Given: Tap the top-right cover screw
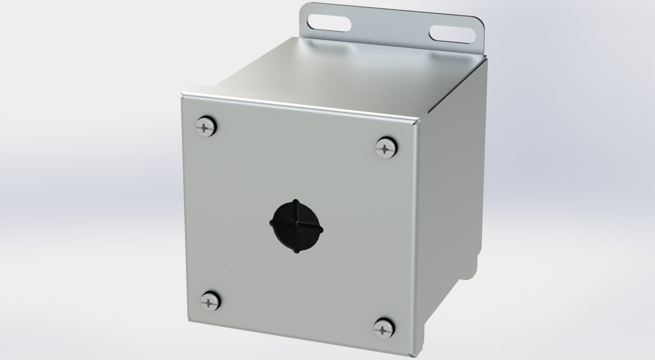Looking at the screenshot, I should tap(386, 150).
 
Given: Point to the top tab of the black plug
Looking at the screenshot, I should tap(295, 202).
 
